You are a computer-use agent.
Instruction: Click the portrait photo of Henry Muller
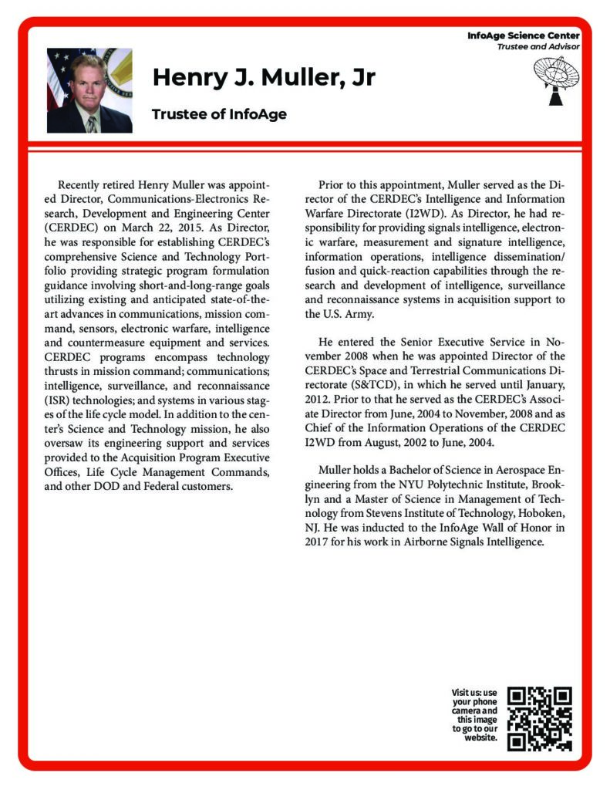[89, 90]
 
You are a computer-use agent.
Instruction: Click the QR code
[540, 718]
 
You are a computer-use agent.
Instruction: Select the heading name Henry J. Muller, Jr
[264, 78]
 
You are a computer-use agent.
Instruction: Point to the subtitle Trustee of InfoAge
[219, 114]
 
